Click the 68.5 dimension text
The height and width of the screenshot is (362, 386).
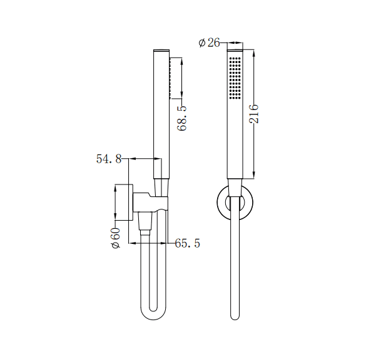[x=182, y=118]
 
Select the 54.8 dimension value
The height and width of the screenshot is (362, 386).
[x=108, y=159]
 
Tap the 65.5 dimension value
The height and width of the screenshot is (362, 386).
[x=187, y=243]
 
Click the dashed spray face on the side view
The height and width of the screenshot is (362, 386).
[x=170, y=78]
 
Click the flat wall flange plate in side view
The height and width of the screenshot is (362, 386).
[x=133, y=203]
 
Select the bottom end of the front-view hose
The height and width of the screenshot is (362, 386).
[x=235, y=316]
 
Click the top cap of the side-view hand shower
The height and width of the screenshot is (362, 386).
[x=161, y=49]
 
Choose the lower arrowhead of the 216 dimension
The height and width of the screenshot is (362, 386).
[x=254, y=174]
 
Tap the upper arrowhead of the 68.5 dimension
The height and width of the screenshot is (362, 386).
[x=181, y=61]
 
